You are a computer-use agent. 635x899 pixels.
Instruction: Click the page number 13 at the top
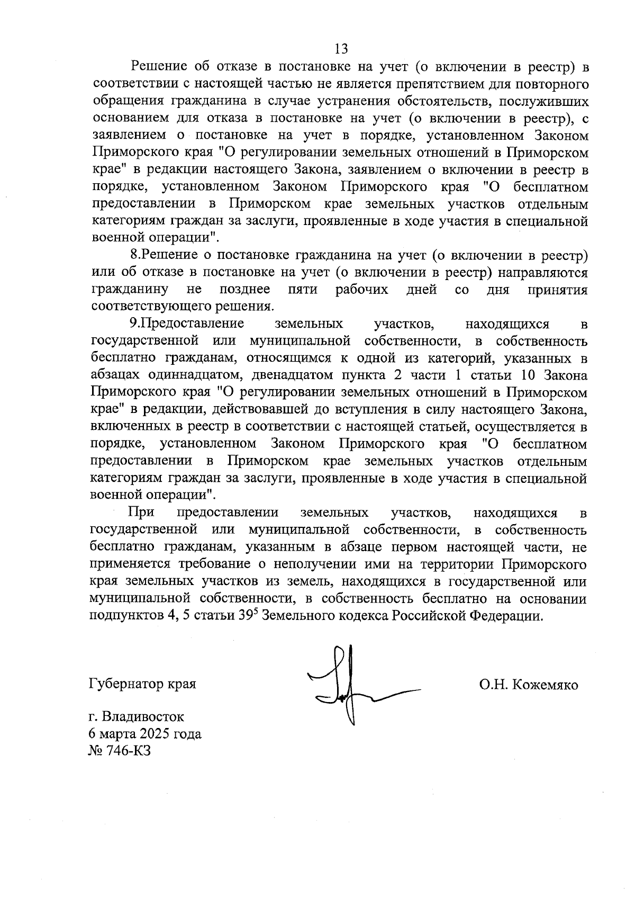pos(341,49)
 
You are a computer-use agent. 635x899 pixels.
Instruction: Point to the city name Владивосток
pos(144,717)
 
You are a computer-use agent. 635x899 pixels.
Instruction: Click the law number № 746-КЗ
pos(120,751)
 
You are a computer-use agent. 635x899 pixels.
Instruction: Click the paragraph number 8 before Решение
pos(134,255)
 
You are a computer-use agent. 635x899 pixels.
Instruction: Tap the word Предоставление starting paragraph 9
pos(193,323)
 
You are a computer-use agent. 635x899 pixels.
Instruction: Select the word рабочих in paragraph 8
pos(362,289)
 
